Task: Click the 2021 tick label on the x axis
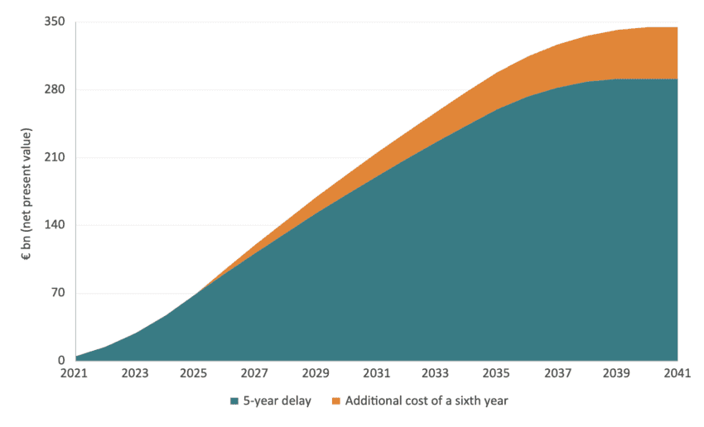[75, 373]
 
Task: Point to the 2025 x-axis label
[195, 373]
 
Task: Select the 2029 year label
[316, 373]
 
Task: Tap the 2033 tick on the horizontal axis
[436, 373]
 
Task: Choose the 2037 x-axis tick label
[557, 373]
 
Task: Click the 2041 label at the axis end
[677, 373]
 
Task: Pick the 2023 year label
[135, 373]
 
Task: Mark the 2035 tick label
[497, 373]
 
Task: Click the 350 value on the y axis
[55, 22]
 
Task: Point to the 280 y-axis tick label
[55, 90]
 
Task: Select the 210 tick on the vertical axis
[55, 157]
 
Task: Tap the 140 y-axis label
[55, 225]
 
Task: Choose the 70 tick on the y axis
[58, 293]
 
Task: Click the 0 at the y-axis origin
[61, 361]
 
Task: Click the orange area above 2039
[617, 55]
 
